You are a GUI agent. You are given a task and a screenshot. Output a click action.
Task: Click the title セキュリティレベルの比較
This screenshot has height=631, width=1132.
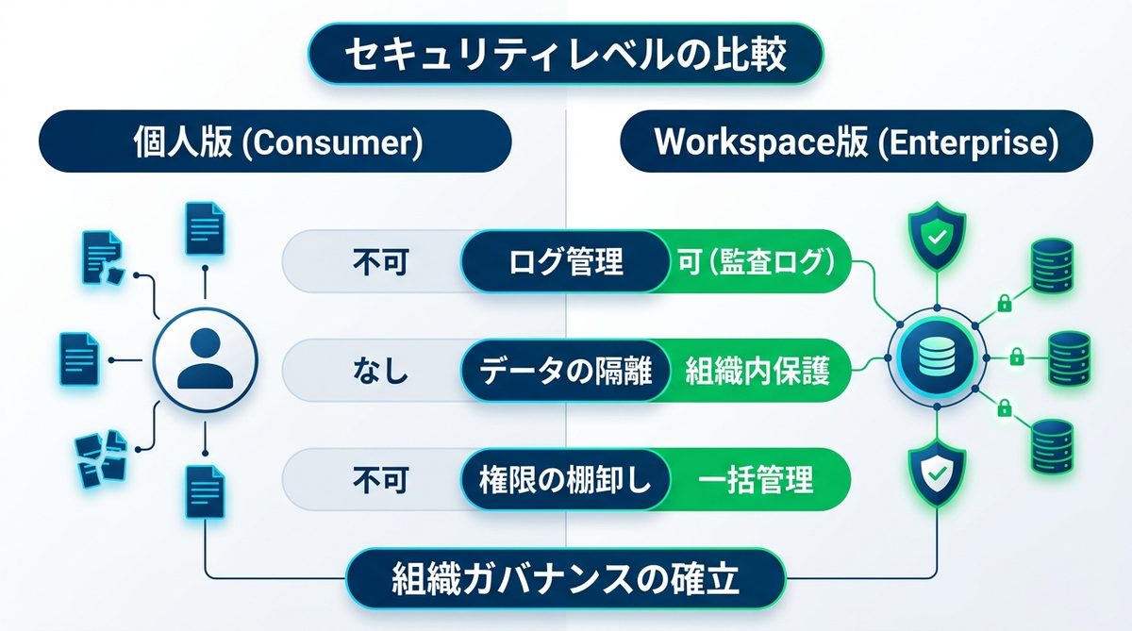(566, 56)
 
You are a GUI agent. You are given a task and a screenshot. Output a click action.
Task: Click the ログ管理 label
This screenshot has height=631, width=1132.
(565, 261)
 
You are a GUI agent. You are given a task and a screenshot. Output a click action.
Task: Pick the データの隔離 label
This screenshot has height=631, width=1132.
(565, 372)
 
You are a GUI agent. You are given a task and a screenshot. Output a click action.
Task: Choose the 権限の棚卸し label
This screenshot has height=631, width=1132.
(565, 480)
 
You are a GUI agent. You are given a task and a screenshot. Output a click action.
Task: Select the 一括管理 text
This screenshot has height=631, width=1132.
(756, 480)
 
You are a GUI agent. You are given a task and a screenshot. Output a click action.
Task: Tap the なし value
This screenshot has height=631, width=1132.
(381, 372)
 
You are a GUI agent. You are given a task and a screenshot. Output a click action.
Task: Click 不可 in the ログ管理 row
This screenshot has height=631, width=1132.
(381, 262)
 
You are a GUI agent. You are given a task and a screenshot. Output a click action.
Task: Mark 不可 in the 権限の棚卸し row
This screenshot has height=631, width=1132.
(381, 480)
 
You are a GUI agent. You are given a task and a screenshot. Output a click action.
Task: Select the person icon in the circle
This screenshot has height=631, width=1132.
(205, 359)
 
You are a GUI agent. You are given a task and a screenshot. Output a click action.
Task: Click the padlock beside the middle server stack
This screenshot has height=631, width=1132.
(1017, 357)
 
